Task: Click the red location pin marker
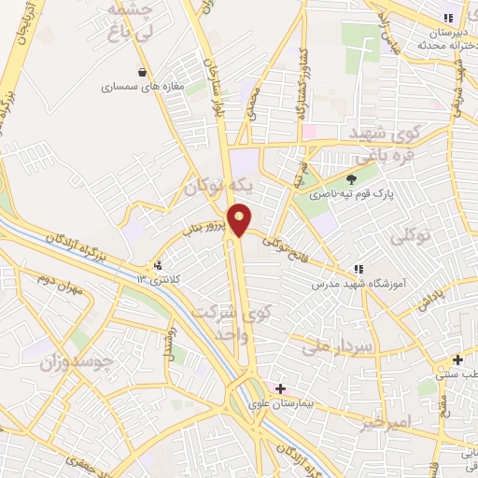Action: click(240, 218)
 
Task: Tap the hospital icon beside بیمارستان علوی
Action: click(280, 387)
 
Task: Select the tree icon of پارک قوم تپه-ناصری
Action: click(351, 180)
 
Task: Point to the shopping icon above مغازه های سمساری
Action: click(141, 72)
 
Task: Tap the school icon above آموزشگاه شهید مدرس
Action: click(358, 269)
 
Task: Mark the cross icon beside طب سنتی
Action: click(457, 360)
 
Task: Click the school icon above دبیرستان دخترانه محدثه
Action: click(448, 17)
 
